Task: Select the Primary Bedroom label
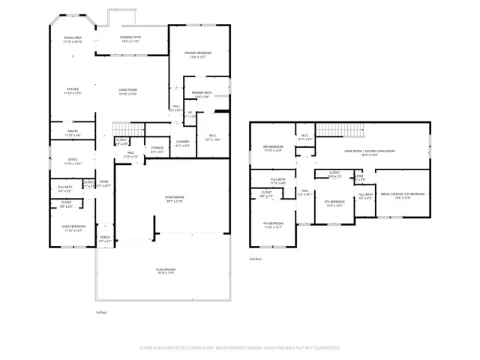[199, 54]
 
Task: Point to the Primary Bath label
[202, 94]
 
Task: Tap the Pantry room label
[73, 133]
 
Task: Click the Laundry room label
[182, 142]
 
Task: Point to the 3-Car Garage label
[174, 199]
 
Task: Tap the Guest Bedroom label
[73, 228]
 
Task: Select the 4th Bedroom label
[272, 224]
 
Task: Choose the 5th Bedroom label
[334, 203]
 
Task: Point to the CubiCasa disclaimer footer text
[240, 348]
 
